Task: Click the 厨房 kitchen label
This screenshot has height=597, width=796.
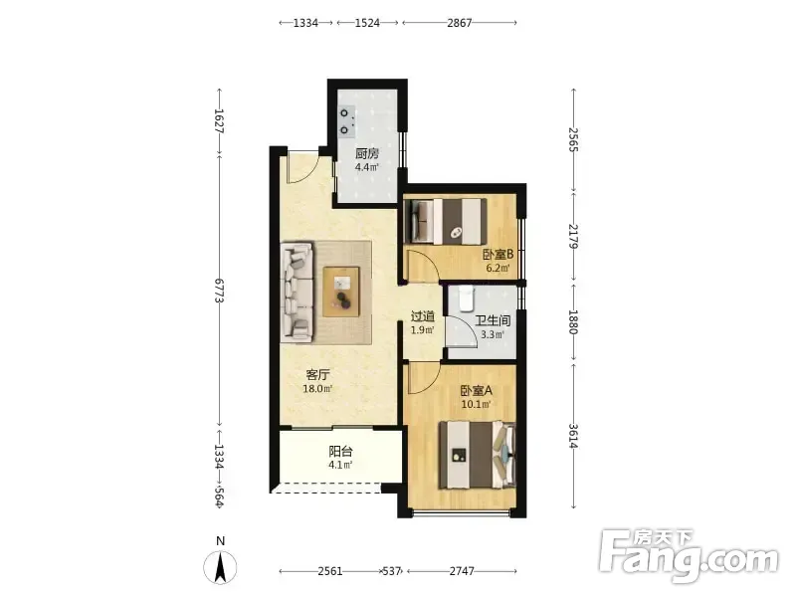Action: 366,153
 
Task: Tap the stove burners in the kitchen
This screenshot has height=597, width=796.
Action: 346,121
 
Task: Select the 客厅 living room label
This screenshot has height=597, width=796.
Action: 317,375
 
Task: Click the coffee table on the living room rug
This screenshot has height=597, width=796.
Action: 341,292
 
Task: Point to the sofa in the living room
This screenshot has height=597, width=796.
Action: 297,292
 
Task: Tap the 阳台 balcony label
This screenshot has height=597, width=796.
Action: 340,451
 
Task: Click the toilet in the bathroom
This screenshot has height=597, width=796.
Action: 466,299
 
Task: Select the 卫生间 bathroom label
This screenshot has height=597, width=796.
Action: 493,320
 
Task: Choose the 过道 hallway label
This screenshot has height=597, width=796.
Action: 422,316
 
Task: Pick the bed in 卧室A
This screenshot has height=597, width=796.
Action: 478,455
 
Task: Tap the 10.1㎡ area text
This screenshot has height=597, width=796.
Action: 477,405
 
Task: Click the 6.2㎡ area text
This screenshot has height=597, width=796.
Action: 497,268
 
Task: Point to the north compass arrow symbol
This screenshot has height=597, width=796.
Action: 220,567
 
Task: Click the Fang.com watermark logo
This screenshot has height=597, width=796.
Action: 689,556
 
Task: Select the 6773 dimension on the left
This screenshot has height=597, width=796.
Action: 220,291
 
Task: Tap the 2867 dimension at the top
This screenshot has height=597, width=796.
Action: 460,23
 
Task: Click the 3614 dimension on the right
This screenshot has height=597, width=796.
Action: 574,436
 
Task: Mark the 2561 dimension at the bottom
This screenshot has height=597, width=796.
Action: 330,571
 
